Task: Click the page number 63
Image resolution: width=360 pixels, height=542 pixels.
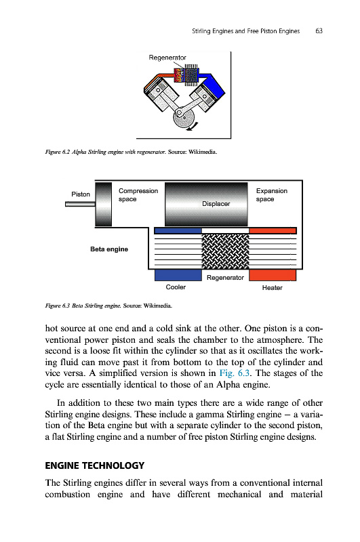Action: click(319, 31)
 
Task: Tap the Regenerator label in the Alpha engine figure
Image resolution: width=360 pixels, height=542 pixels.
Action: click(167, 58)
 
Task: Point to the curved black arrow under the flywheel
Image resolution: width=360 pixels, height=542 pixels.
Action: click(193, 127)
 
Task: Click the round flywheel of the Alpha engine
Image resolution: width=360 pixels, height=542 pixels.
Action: click(184, 117)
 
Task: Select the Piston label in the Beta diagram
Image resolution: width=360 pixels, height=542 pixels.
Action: click(81, 194)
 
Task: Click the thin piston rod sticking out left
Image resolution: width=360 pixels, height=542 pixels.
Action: click(80, 205)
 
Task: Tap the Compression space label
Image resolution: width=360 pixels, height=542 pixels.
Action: click(138, 195)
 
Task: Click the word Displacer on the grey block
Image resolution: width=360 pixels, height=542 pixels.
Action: click(216, 204)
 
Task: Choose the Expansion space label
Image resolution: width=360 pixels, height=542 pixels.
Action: click(272, 195)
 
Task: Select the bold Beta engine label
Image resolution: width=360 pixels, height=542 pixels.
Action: click(109, 249)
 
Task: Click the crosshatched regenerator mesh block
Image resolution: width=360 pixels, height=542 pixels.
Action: click(225, 251)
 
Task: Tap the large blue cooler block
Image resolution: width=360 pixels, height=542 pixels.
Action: click(178, 275)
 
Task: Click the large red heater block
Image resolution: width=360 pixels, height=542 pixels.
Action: click(273, 275)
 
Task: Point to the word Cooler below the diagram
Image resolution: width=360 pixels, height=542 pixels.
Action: click(176, 287)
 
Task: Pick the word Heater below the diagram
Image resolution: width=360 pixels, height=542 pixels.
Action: click(272, 288)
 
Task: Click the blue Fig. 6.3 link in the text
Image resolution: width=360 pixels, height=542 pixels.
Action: click(234, 373)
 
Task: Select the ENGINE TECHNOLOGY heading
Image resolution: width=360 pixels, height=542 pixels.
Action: click(94, 465)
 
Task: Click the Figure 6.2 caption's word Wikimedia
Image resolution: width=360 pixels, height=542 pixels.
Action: click(202, 152)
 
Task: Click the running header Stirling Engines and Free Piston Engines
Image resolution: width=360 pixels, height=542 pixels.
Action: click(246, 31)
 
